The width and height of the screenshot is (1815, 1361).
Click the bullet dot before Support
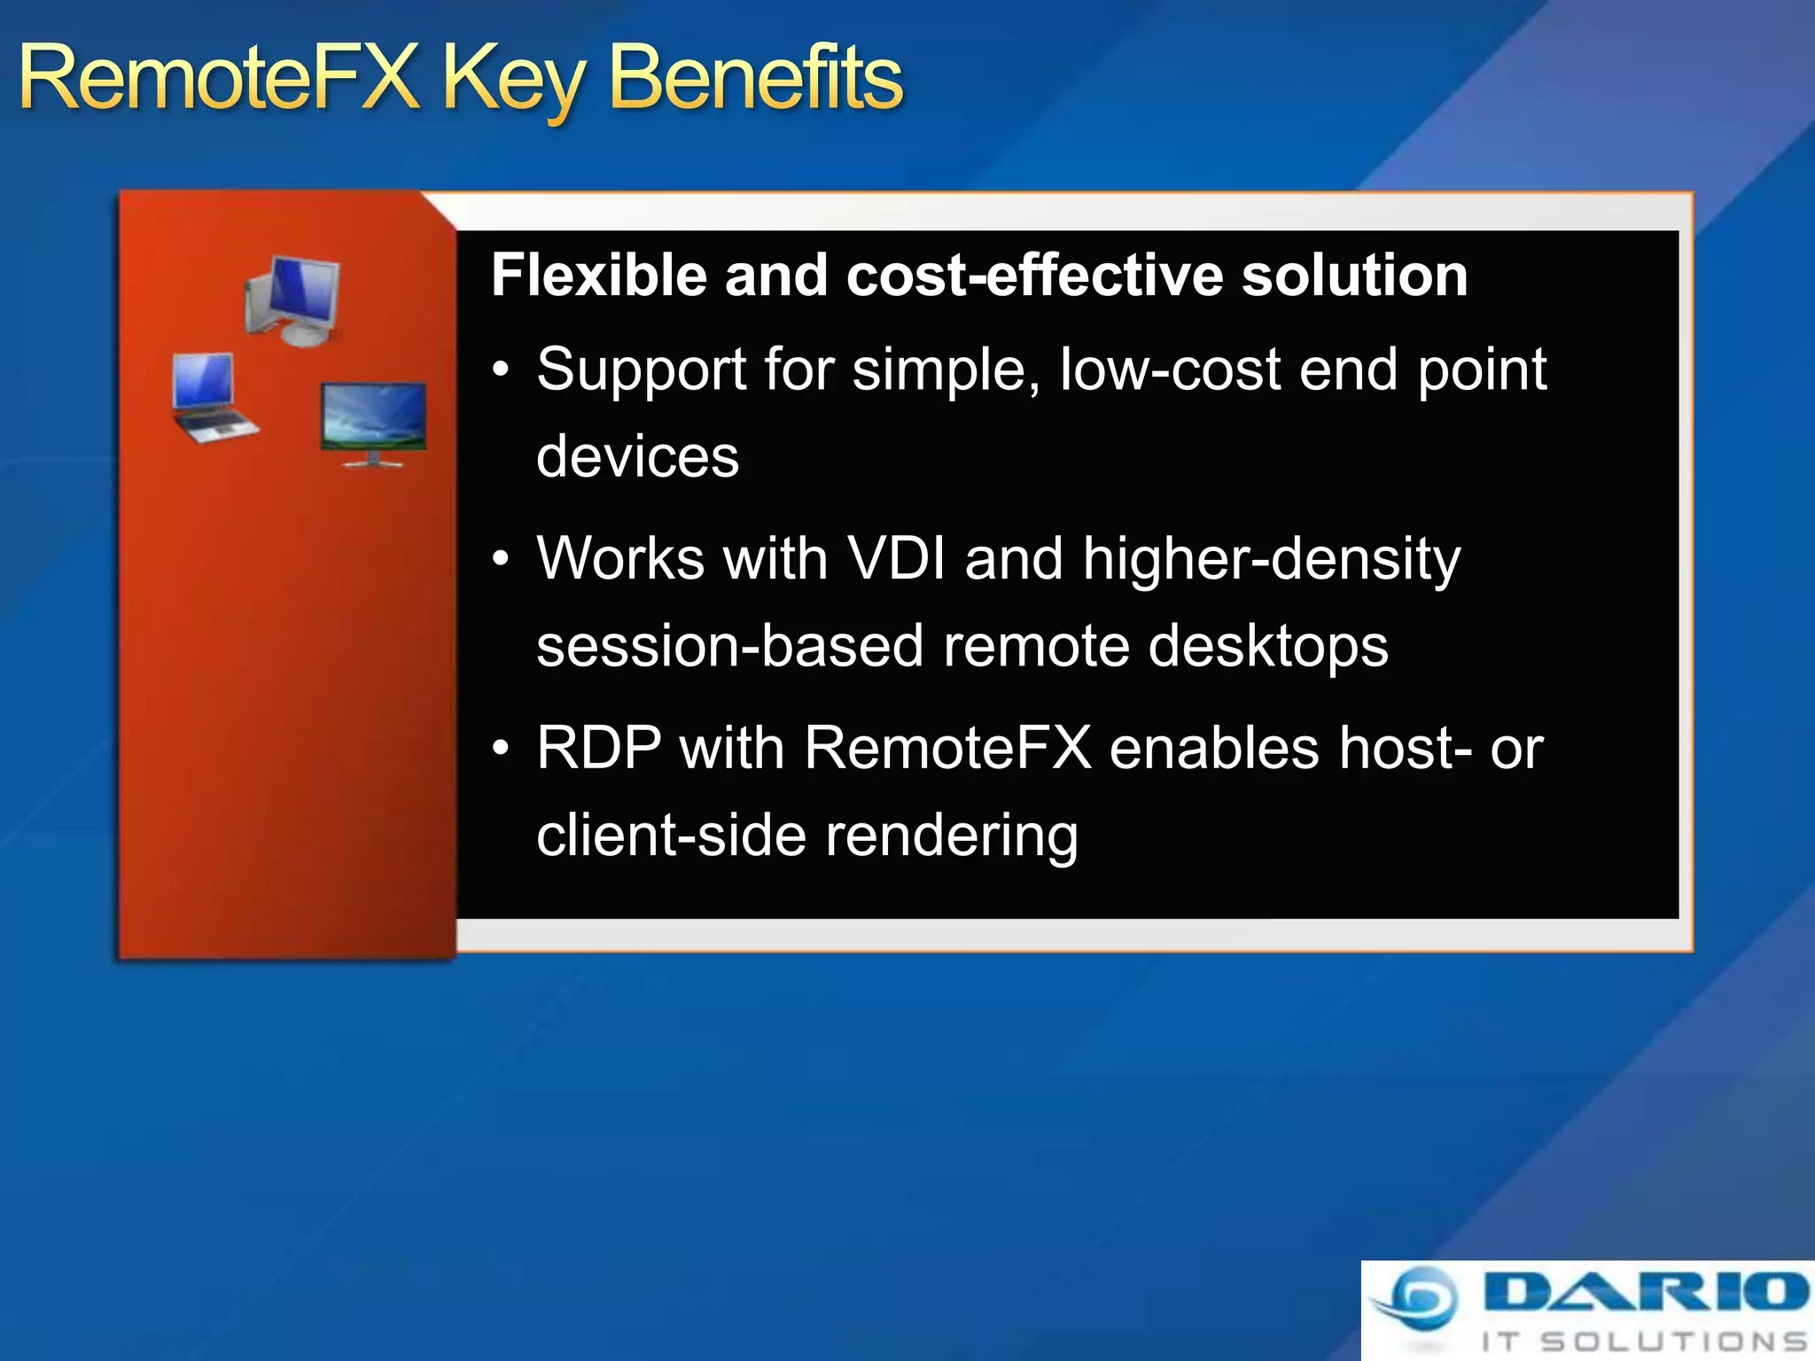click(502, 369)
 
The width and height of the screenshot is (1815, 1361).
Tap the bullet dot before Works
click(502, 559)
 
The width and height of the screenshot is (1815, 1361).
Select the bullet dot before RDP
click(502, 749)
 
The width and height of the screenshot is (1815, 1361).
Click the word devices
click(637, 457)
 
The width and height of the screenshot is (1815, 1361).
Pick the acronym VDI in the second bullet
click(896, 559)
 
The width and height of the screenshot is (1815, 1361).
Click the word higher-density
click(1271, 561)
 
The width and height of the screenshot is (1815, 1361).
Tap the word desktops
click(1267, 647)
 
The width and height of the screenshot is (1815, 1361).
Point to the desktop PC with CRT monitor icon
click(292, 299)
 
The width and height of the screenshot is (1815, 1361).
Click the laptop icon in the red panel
click(211, 398)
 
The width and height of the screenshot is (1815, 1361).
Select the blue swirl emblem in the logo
click(1418, 1299)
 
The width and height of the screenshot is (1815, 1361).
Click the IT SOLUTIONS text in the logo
click(1644, 1342)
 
